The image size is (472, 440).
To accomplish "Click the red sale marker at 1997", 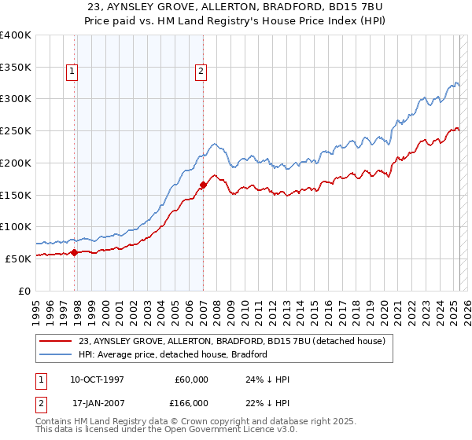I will click(75, 252).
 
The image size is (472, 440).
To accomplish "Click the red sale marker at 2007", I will click(203, 185).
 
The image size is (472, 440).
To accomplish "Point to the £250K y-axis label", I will click(16, 131).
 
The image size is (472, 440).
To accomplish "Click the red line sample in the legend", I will click(57, 341).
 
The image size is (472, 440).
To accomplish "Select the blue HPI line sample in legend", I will click(57, 354).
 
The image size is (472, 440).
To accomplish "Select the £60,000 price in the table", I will click(190, 379).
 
